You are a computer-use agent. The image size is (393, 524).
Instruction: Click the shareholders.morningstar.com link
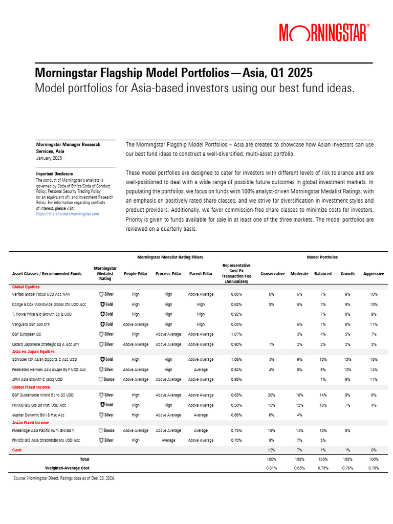(x=67, y=213)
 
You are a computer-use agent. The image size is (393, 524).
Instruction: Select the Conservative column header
(x=272, y=274)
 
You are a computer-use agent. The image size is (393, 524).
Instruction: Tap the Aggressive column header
(x=373, y=274)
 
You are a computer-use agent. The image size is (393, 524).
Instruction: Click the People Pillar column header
(x=136, y=274)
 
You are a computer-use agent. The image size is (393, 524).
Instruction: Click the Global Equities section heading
(x=26, y=287)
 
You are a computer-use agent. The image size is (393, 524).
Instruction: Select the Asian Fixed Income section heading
(x=30, y=423)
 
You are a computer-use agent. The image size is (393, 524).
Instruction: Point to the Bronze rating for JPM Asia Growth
(x=106, y=379)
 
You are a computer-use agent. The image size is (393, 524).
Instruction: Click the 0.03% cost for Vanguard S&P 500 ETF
(x=236, y=324)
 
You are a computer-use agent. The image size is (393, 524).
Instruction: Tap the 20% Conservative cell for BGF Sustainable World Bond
(x=272, y=395)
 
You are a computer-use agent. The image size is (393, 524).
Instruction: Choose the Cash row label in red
(x=17, y=450)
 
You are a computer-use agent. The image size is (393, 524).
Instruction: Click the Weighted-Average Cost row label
(x=67, y=468)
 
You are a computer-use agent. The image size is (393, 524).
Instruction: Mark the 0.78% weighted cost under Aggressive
(x=373, y=468)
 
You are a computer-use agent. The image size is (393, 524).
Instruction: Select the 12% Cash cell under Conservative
(x=272, y=450)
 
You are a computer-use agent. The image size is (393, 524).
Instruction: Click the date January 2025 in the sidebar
(x=49, y=158)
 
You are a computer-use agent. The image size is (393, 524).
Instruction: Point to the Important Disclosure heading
(x=54, y=173)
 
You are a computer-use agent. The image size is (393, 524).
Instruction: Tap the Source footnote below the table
(x=64, y=478)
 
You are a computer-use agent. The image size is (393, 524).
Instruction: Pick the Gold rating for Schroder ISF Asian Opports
(x=106, y=359)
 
